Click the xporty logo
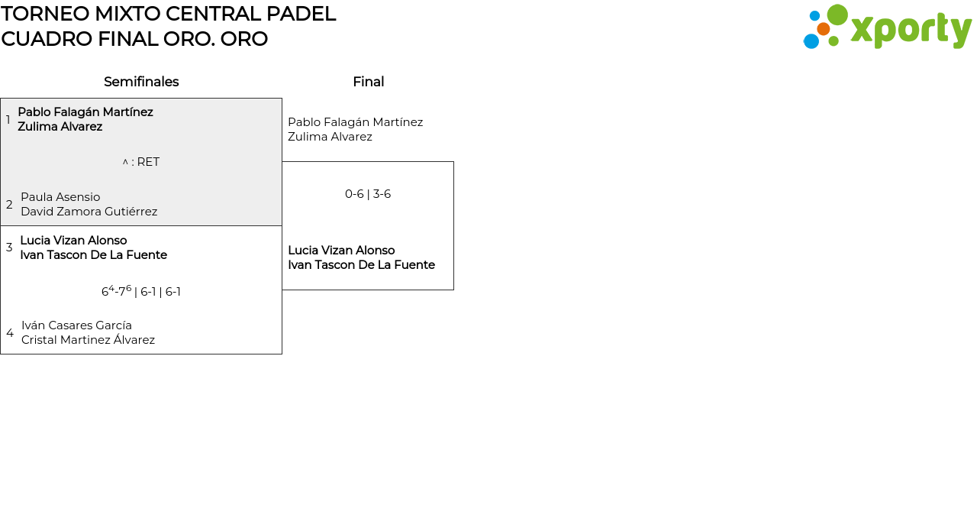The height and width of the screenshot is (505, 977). (887, 28)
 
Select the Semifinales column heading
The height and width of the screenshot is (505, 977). (141, 82)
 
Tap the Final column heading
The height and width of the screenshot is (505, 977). (368, 82)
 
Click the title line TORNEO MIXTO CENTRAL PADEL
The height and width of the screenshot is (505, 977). (168, 14)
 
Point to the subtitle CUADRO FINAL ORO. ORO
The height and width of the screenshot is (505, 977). (134, 39)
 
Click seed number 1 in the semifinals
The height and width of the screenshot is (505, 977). (8, 120)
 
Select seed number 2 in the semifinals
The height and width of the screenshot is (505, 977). (9, 205)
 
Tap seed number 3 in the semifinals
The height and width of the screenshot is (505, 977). (9, 248)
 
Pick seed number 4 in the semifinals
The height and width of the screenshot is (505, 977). (10, 333)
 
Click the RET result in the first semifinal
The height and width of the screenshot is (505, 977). (141, 162)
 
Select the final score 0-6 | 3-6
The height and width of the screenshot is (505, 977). (368, 194)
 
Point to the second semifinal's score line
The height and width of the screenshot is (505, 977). (141, 291)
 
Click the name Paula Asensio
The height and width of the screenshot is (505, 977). (60, 197)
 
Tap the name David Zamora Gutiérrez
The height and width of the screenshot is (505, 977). (89, 212)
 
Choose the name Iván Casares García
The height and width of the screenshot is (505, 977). (76, 325)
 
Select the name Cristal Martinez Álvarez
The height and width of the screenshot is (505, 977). (88, 340)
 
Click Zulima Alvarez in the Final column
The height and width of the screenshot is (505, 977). (330, 137)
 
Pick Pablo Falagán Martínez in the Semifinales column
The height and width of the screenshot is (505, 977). (85, 112)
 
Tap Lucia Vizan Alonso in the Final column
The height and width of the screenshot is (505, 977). (341, 251)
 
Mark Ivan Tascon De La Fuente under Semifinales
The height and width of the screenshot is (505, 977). (93, 255)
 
